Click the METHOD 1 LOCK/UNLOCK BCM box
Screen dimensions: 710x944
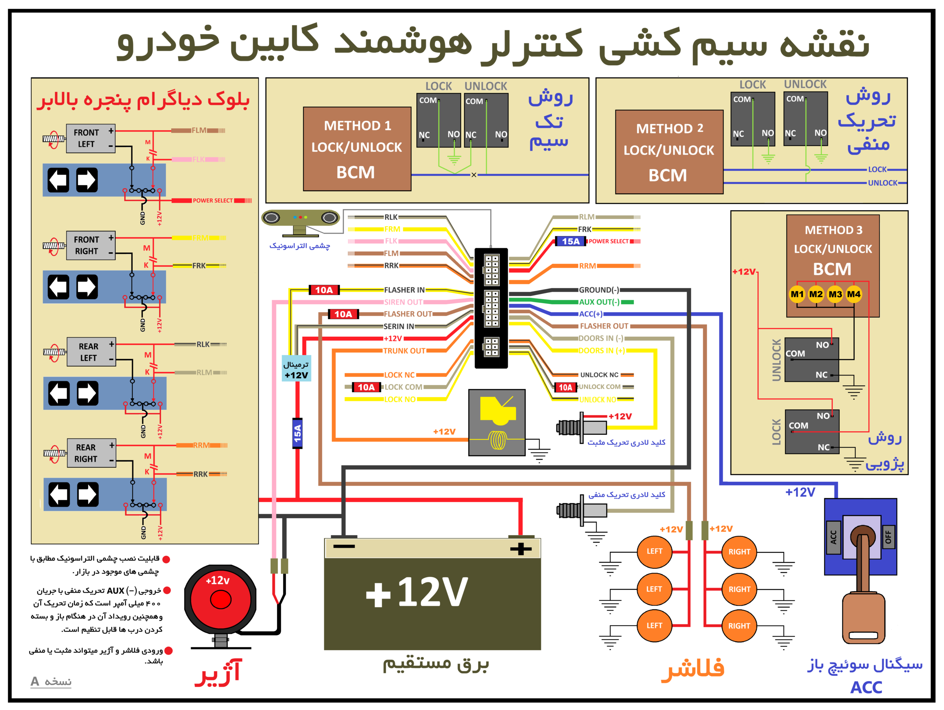[357, 149]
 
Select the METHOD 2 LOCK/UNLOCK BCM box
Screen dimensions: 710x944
[669, 152]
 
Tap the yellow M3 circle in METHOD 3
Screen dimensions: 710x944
[835, 294]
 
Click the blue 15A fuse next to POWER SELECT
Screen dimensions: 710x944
[570, 241]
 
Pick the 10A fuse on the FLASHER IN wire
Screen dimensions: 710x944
[324, 290]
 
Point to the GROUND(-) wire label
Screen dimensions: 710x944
[599, 290]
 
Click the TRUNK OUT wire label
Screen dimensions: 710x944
[404, 351]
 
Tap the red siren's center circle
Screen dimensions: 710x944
[220, 599]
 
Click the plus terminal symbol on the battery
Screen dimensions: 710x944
[521, 548]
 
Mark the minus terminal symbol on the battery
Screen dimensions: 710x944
[344, 546]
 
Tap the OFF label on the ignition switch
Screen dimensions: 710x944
[888, 537]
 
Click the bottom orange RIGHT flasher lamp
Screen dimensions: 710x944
[739, 626]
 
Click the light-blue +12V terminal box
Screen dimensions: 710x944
[296, 368]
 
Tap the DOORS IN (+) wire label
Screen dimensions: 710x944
[601, 350]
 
